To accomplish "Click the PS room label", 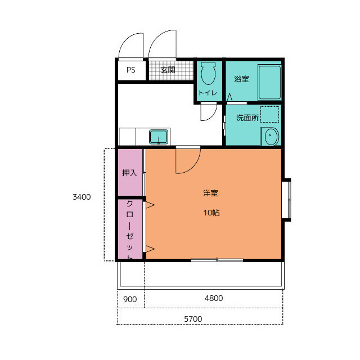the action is pos(131,70).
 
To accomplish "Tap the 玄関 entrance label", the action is pos(168,70).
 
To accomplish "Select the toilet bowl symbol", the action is pos(208,73).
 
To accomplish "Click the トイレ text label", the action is pos(208,93).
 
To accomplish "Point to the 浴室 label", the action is pos(241,79).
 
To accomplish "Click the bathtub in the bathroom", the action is pos(269,83).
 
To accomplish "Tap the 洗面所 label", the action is pos(247,118).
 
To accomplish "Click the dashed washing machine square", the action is pos(269,114).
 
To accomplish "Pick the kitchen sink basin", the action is pos(159,137).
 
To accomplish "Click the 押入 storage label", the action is pos(129,173).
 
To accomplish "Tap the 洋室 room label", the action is pos(210,193).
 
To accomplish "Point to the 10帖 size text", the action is pos(211,213).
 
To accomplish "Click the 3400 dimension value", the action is pos(82,197).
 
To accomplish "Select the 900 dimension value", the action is pos(130,299).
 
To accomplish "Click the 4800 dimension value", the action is pos(214,298).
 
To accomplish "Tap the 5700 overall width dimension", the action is pos(193,319).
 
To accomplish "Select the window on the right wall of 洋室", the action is pos(286,200).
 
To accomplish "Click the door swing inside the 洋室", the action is pos(193,167).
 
